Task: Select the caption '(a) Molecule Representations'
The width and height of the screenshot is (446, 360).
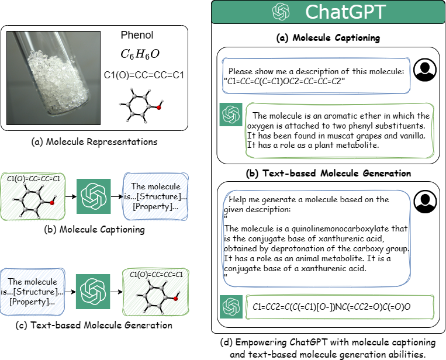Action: click(x=95, y=141)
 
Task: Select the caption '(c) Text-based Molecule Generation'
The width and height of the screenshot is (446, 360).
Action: click(x=94, y=325)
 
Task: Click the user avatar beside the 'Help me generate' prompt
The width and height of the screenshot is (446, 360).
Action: click(x=424, y=202)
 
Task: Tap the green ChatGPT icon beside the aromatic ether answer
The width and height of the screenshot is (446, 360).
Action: click(x=230, y=115)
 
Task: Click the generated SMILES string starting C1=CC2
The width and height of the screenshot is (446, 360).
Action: click(x=329, y=306)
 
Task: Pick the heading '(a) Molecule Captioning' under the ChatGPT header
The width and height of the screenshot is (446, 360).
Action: click(x=328, y=38)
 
